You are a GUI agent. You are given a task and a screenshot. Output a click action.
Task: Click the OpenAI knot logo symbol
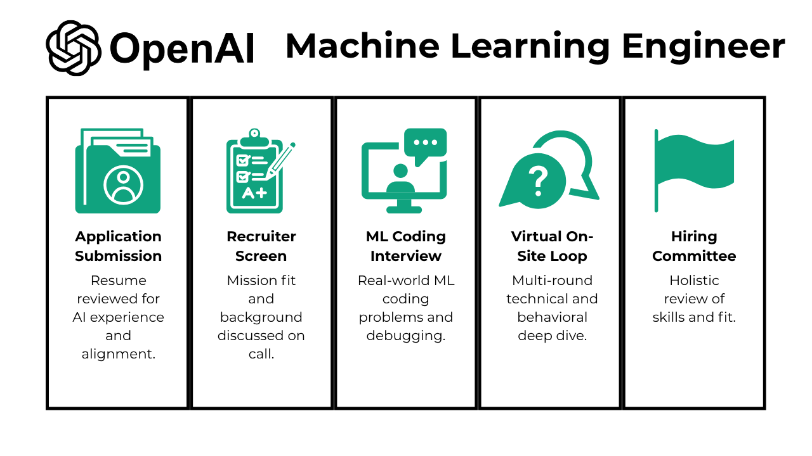73,47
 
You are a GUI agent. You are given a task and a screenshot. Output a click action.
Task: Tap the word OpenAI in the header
182,48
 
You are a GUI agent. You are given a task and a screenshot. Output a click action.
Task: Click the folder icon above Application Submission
118,172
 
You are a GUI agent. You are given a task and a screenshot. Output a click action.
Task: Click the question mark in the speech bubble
538,180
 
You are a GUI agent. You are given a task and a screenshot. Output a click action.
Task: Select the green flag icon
694,169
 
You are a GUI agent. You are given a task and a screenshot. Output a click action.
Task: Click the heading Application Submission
118,246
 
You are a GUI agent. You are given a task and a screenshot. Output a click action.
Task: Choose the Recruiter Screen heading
261,246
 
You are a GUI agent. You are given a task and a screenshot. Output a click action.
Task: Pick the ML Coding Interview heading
406,246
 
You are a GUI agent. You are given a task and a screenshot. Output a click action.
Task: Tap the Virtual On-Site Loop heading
552,246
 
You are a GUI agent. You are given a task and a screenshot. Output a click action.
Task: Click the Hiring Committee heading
694,246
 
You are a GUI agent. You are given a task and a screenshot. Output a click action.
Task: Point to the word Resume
118,281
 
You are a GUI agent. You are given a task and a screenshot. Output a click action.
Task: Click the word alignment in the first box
118,354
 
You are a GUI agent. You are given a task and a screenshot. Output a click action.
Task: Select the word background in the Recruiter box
261,317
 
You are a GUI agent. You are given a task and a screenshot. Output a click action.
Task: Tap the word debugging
405,336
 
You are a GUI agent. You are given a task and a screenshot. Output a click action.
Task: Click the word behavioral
552,317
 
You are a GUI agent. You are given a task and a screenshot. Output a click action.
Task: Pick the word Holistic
694,281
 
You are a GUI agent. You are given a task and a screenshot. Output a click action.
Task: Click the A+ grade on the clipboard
254,193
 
